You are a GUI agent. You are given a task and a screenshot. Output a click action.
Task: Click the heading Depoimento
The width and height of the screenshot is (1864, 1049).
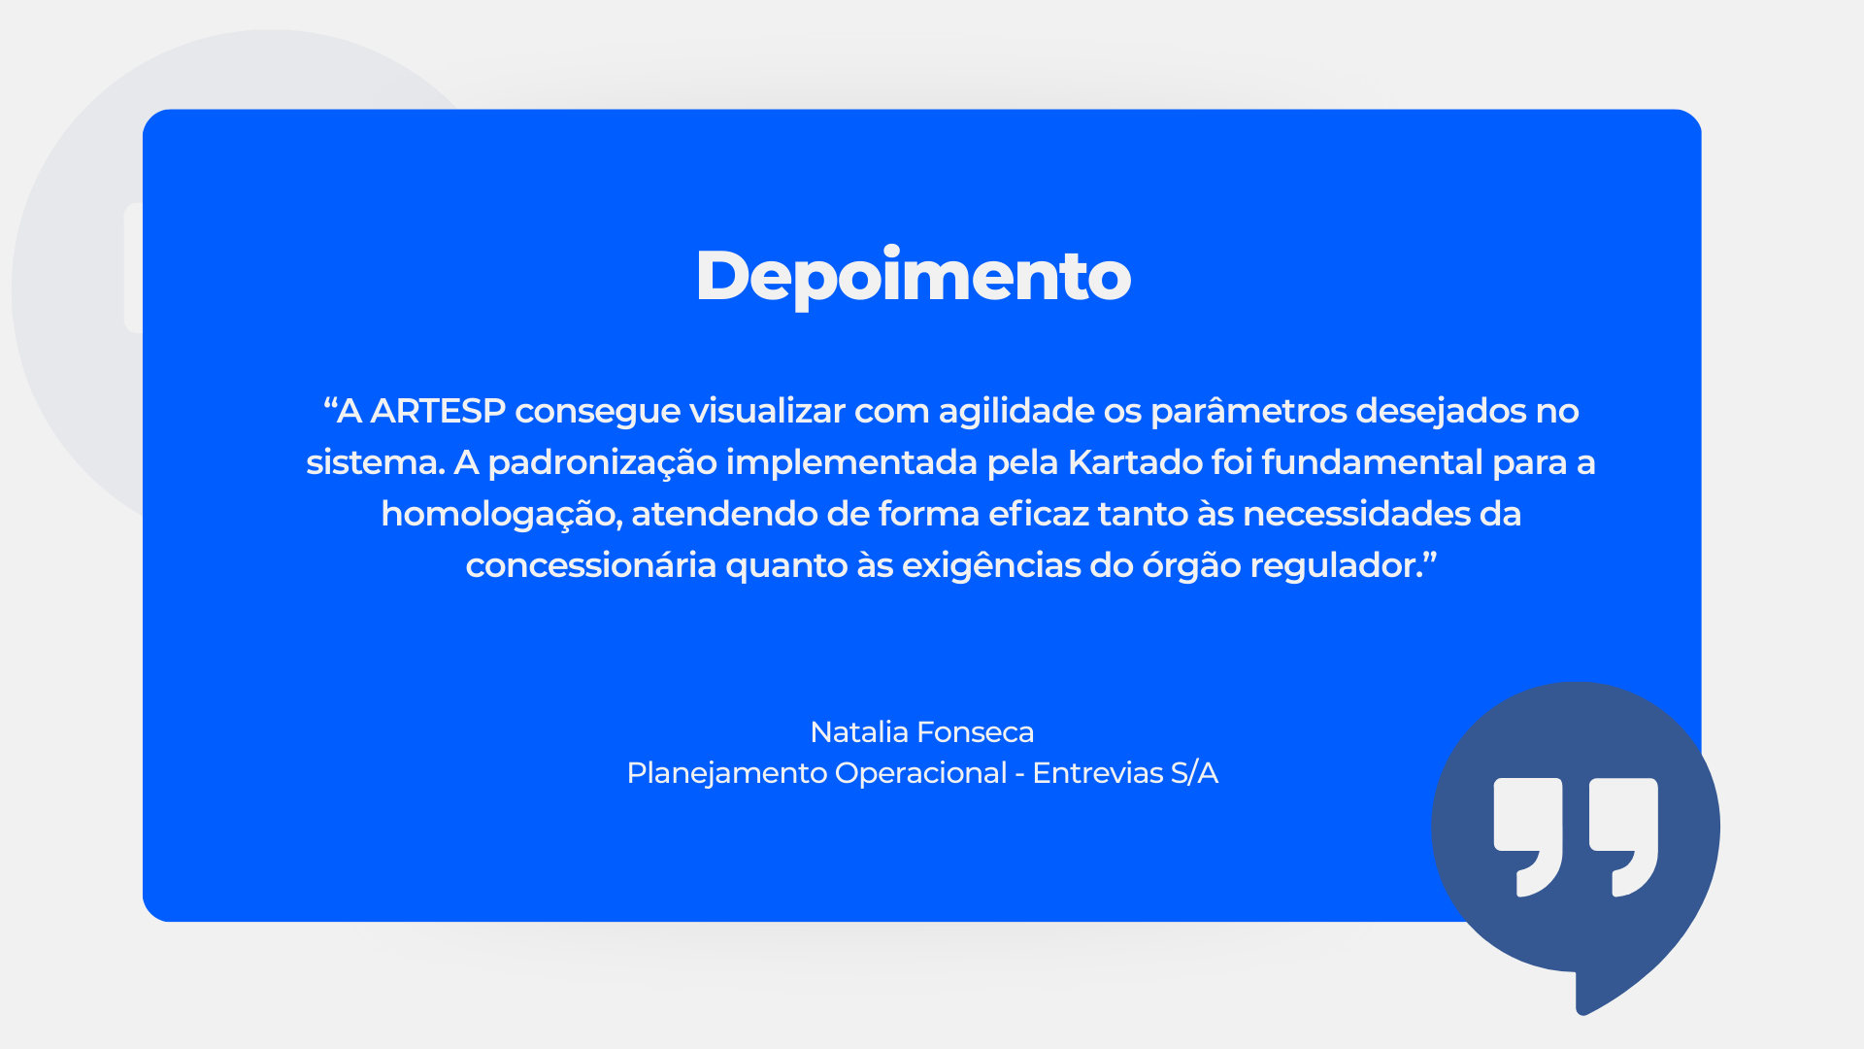(x=914, y=276)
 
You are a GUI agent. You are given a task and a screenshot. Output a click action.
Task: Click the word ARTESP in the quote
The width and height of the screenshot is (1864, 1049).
(x=438, y=411)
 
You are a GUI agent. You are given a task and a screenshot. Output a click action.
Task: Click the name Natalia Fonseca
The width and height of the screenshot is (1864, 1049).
(x=922, y=731)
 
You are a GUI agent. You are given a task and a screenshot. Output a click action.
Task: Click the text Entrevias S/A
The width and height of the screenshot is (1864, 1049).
(x=1125, y=773)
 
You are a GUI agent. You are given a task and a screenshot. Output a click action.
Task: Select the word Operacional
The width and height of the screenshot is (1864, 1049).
(x=920, y=773)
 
